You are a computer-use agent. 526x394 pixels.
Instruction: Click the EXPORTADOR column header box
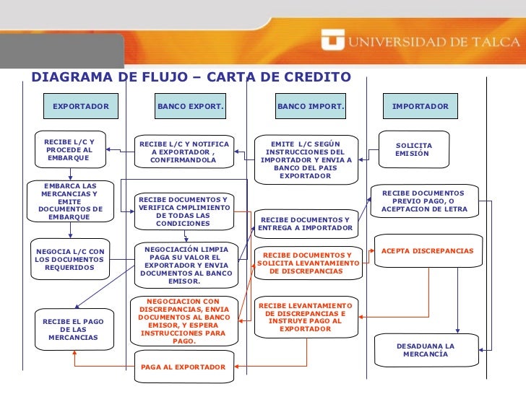[x=80, y=107]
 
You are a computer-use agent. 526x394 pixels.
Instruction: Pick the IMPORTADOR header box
[x=420, y=107]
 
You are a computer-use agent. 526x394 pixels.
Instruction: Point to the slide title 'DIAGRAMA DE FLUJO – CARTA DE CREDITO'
[x=191, y=77]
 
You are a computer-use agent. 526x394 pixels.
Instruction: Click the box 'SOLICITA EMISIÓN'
[x=414, y=149]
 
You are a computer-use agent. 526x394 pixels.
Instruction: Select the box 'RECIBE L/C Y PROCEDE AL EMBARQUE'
[x=69, y=149]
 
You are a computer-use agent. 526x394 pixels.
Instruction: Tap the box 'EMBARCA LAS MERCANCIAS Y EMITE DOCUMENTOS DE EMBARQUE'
[x=69, y=201]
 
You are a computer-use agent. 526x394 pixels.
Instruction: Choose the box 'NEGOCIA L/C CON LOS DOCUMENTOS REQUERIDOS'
[x=69, y=259]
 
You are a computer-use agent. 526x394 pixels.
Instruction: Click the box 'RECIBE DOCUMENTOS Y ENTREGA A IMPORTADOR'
[x=305, y=224]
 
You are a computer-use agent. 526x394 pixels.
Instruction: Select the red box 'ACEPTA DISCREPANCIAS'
[x=427, y=251]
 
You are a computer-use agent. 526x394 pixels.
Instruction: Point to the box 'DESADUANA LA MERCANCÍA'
[x=426, y=350]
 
